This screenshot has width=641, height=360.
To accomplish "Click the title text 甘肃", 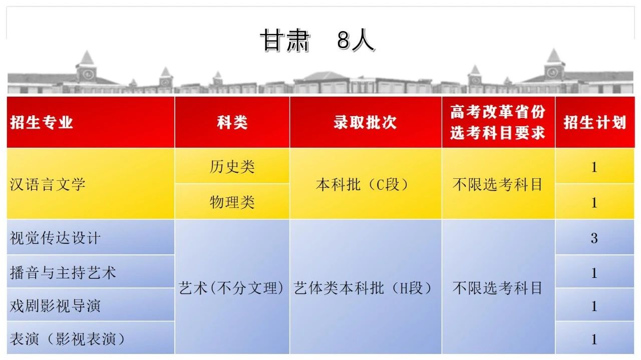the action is (285, 41).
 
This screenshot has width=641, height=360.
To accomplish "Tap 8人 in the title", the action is (356, 41).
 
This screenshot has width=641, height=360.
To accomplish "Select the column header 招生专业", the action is (42, 122).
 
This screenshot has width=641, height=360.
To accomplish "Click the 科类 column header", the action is (232, 122).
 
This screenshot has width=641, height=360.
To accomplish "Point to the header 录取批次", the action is (365, 122).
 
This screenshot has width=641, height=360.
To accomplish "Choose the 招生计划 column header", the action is (595, 122).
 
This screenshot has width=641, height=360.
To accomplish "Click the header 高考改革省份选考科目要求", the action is (498, 122).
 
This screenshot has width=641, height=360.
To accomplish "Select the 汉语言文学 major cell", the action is (48, 184).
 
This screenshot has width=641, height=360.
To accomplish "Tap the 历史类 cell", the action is (232, 166).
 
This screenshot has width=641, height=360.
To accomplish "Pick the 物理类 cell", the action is (232, 202).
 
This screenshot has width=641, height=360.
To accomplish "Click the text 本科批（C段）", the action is (362, 184).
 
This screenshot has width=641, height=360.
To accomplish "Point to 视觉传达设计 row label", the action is (55, 238).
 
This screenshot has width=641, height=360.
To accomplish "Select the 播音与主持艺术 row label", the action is (63, 272).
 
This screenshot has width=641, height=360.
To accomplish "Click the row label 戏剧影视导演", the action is (55, 305).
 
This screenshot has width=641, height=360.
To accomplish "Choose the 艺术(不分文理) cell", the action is (231, 287).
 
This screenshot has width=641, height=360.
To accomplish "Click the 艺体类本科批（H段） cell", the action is (363, 287).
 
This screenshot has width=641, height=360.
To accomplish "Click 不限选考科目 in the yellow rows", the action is (498, 184).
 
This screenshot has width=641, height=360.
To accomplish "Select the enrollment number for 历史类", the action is (594, 167).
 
